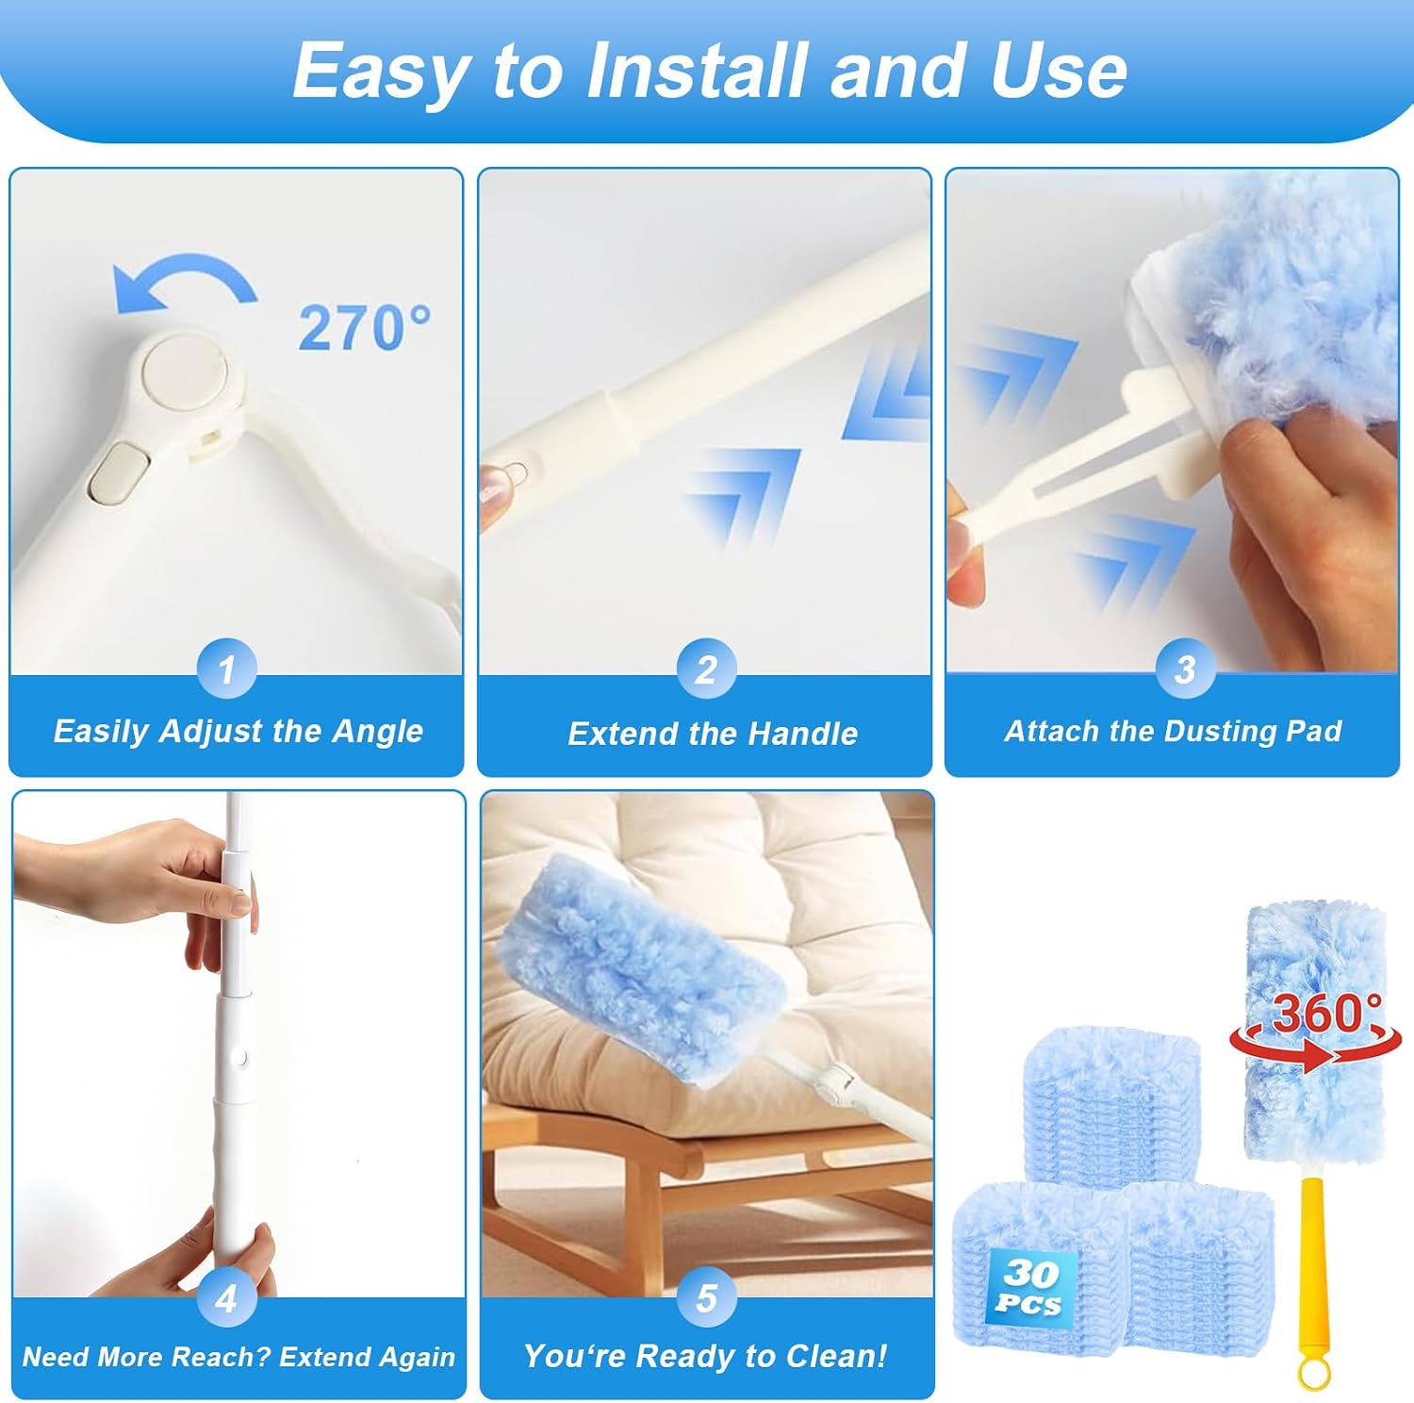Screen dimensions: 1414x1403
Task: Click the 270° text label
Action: coord(365,327)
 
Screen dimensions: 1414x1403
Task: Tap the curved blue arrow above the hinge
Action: coord(185,275)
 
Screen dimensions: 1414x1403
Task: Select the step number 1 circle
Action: coord(226,668)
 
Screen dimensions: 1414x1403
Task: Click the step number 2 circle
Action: coord(706,668)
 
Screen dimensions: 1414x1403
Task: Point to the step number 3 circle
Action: coord(1185,668)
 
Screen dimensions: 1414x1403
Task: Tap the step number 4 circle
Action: coord(226,1297)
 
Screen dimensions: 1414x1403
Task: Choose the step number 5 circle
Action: coord(706,1297)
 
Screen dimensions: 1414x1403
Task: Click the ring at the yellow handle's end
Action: coord(1312,1373)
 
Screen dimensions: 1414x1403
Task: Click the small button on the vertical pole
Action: coord(240,1058)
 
